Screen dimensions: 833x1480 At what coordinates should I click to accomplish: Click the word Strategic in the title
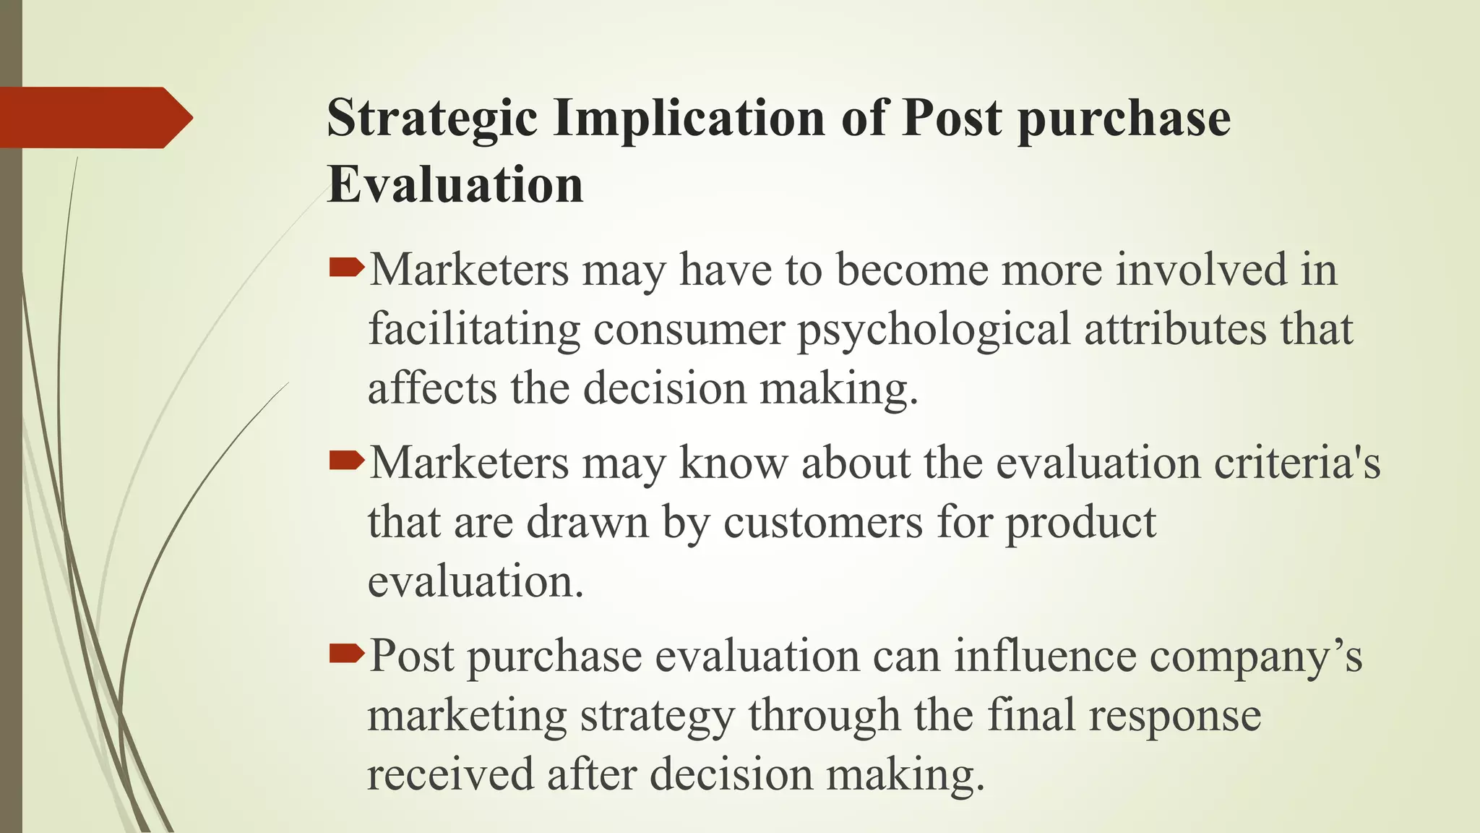click(432, 119)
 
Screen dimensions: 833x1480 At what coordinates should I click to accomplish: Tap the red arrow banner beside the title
click(94, 117)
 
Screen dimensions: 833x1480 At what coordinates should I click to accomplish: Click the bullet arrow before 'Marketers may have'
click(347, 270)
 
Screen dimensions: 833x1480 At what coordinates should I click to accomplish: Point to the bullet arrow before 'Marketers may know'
click(347, 461)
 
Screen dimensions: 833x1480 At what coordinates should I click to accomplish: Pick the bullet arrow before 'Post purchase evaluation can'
click(347, 654)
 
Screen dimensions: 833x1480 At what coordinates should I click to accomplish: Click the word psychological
click(933, 330)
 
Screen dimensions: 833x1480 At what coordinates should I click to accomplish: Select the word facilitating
click(474, 330)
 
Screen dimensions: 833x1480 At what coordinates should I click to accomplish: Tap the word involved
click(1201, 270)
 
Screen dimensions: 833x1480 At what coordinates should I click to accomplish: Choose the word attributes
click(1175, 330)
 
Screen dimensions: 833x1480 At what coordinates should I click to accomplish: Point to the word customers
click(823, 522)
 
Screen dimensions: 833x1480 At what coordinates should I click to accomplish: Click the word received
click(450, 774)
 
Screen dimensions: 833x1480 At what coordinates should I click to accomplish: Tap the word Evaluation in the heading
click(455, 185)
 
